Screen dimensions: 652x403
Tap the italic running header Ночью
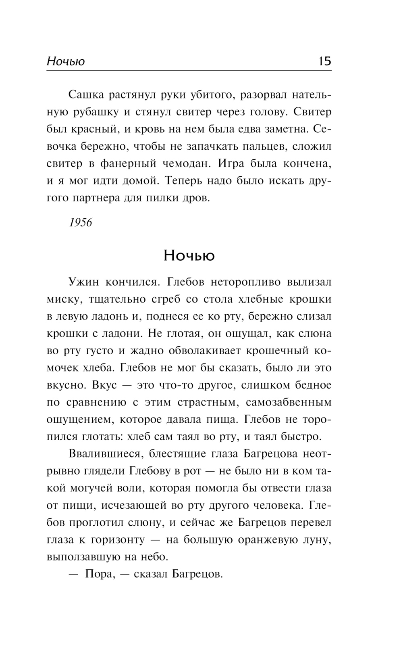click(x=66, y=61)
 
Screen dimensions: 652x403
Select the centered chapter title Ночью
click(x=189, y=255)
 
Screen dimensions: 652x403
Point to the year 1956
click(x=81, y=222)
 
